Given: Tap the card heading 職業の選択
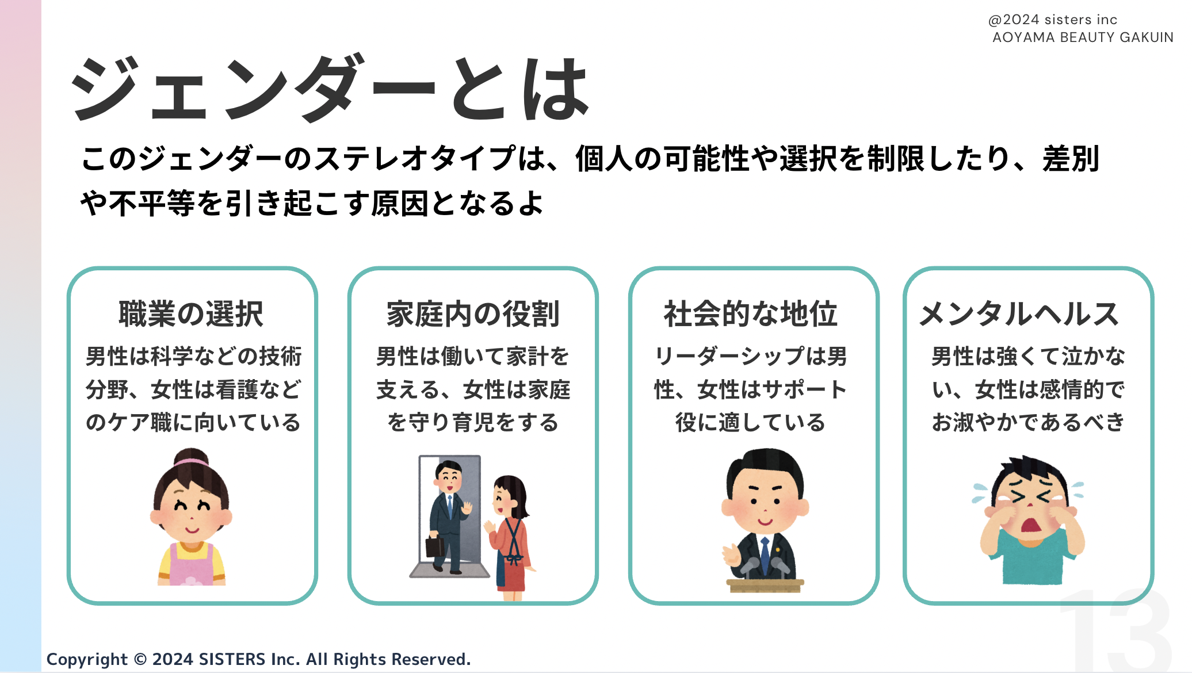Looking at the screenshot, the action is tap(191, 314).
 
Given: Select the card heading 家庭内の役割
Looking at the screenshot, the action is tap(473, 314).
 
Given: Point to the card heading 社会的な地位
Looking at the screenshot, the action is tap(750, 314).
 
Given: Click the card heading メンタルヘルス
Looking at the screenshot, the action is tap(1019, 314).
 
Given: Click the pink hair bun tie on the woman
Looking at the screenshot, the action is tap(191, 461).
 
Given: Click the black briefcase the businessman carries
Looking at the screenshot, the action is tap(435, 546).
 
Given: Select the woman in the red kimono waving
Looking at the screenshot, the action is tap(510, 538).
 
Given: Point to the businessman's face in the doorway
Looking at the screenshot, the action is tap(449, 477).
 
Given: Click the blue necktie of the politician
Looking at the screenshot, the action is tap(765, 555).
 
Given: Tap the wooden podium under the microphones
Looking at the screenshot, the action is tap(765, 586).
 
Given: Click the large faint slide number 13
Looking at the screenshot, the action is tap(1115, 630).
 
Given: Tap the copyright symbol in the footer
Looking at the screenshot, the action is tap(140, 659).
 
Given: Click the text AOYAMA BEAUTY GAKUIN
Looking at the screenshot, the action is tap(1083, 37).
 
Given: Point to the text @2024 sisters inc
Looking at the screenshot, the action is tap(1053, 20).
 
